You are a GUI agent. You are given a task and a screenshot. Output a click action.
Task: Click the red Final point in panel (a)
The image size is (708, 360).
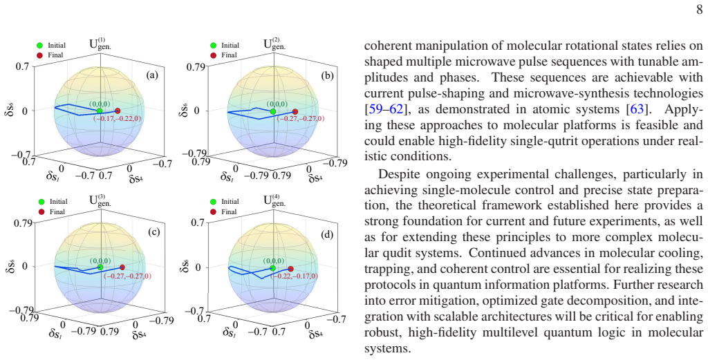(x=118, y=111)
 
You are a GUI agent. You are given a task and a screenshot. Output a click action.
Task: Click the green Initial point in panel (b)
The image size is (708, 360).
(x=272, y=111)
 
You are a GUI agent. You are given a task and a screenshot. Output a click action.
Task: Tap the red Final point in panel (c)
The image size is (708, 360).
(x=122, y=267)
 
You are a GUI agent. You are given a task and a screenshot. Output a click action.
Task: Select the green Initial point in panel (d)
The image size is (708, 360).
(x=272, y=268)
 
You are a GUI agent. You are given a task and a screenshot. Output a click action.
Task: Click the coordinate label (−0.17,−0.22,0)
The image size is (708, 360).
(x=118, y=118)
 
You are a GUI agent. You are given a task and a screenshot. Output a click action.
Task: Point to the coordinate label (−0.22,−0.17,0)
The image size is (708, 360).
(x=294, y=276)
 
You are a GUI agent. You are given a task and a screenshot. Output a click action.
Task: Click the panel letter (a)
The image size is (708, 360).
(x=152, y=75)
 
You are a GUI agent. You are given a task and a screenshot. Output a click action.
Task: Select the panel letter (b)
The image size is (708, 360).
(x=327, y=75)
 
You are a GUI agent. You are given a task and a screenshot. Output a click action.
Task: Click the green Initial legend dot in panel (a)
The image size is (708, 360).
(x=39, y=45)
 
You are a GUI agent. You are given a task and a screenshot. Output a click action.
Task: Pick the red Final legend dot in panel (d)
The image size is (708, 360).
(x=213, y=211)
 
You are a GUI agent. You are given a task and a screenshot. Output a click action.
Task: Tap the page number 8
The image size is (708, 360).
(x=699, y=11)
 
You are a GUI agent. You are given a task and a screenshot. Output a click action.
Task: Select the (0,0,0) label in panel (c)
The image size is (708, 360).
(x=98, y=260)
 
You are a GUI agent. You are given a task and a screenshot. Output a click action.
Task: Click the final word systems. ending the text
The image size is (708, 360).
(x=387, y=349)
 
